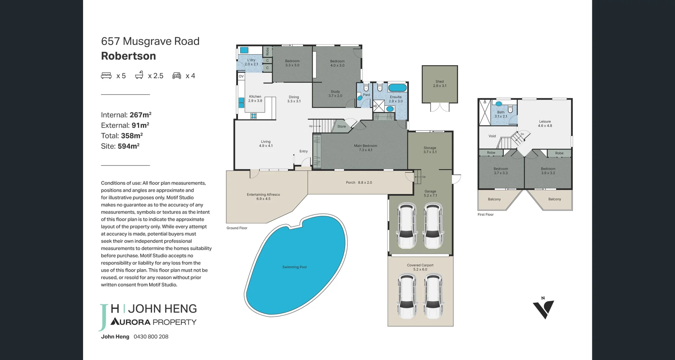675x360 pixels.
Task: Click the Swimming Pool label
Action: (294, 267)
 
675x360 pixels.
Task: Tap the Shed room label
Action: (439, 84)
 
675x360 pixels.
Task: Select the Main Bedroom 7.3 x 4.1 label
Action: (365, 148)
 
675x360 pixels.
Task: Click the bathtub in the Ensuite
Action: (397, 88)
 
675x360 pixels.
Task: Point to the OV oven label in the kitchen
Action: (241, 76)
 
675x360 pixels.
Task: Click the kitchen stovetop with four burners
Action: (253, 116)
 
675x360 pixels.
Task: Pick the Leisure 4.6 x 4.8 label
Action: (545, 123)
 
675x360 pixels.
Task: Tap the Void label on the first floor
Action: (492, 136)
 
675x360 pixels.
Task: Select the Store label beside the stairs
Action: (341, 127)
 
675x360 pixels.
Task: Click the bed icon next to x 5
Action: (106, 76)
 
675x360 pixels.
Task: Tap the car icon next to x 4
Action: (176, 76)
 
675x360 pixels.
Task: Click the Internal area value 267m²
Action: (140, 115)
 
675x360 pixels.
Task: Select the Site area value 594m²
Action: (128, 146)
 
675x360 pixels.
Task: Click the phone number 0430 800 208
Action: (151, 336)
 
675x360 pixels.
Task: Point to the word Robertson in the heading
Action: (128, 56)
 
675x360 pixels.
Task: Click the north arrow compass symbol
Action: (544, 308)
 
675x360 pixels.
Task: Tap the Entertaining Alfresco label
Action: (263, 197)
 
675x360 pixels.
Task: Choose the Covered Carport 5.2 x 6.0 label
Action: (420, 267)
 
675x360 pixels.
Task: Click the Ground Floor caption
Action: (237, 228)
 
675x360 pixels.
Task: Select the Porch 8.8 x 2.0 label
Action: (359, 182)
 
